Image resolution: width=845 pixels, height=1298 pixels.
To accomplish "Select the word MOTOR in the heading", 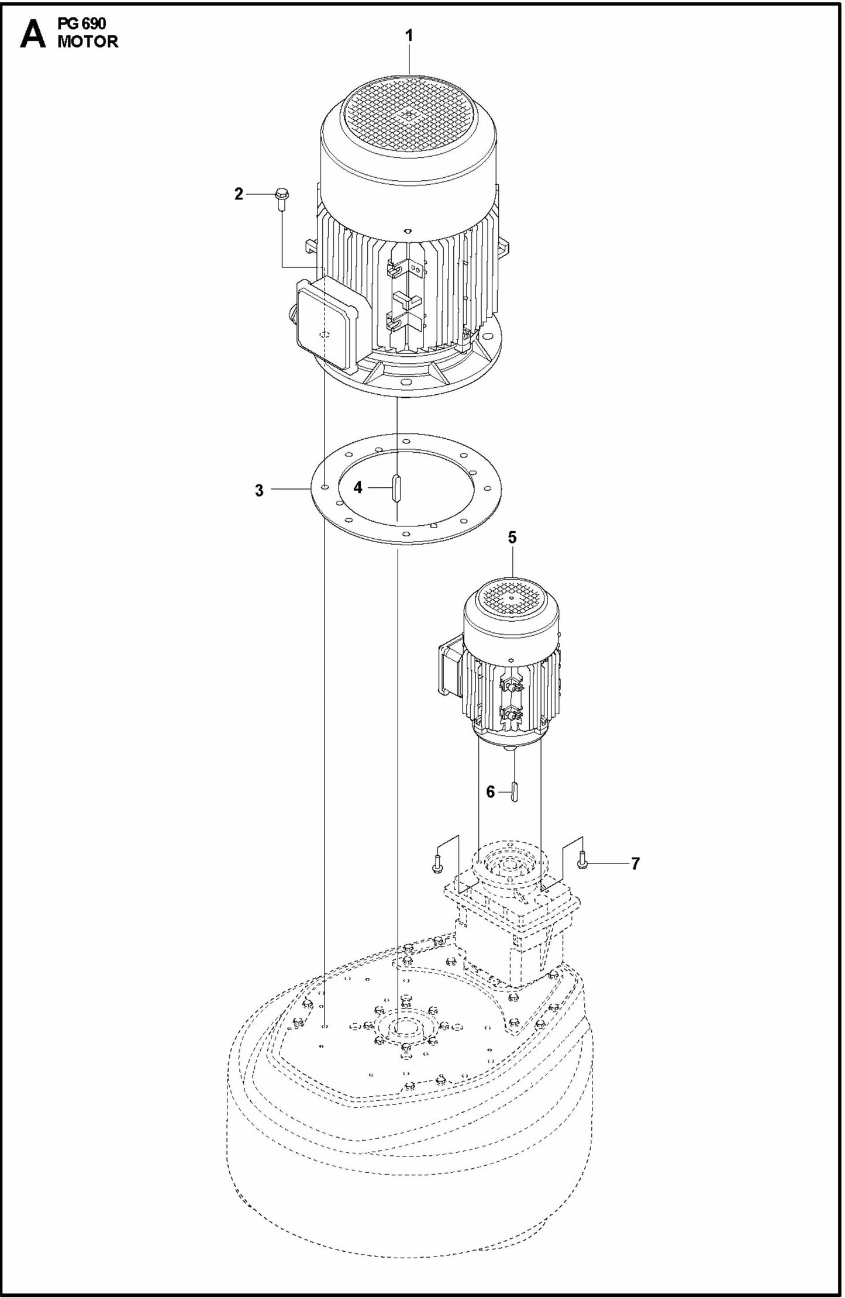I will point(88,42).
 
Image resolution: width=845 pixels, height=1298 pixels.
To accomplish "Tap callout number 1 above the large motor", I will point(409,36).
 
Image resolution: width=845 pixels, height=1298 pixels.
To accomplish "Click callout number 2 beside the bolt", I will point(239,194).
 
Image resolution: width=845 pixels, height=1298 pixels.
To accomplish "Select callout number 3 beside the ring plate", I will point(259,491).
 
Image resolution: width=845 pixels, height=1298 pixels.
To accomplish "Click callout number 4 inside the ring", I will point(358,487).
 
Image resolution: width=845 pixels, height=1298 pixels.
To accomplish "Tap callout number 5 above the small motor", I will point(512,538).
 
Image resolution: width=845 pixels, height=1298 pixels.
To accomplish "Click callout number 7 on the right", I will point(635,863).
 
